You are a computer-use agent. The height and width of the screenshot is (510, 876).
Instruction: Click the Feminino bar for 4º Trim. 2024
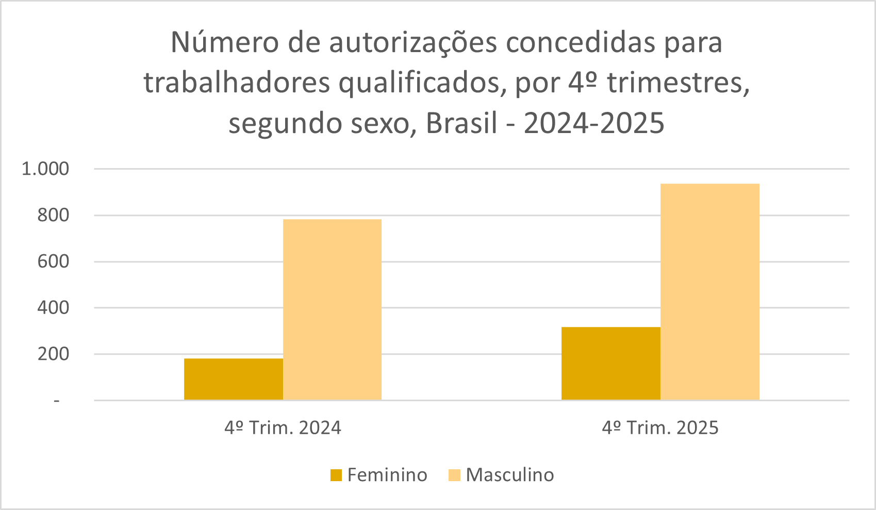pyautogui.click(x=233, y=379)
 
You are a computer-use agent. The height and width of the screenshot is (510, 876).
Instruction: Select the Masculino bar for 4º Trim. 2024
pyautogui.click(x=332, y=309)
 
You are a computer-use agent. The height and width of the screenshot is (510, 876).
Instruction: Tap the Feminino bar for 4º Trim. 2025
pyautogui.click(x=610, y=364)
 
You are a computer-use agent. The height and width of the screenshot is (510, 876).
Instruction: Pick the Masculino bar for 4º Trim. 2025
pyautogui.click(x=709, y=292)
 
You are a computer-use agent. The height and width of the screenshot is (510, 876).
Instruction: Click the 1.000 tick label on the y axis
pyautogui.click(x=45, y=169)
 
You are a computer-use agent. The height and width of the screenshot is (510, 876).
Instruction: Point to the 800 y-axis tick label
pyautogui.click(x=53, y=215)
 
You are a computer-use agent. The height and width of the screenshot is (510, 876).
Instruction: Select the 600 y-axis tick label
pyautogui.click(x=53, y=261)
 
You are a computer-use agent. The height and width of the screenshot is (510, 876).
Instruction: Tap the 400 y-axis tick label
pyautogui.click(x=53, y=308)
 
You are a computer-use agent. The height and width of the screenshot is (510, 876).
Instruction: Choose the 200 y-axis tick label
pyautogui.click(x=53, y=354)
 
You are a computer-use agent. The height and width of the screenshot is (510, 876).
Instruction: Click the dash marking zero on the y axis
pyautogui.click(x=56, y=401)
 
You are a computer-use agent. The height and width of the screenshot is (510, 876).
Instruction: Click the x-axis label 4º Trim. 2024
pyautogui.click(x=283, y=428)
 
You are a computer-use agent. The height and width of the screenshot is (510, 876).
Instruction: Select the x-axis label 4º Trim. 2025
pyautogui.click(x=660, y=428)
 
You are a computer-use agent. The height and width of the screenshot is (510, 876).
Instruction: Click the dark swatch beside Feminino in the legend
pyautogui.click(x=336, y=475)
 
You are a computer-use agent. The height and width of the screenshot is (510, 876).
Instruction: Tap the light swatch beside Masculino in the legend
pyautogui.click(x=454, y=475)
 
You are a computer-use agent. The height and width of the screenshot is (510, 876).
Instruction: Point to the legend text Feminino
pyautogui.click(x=387, y=475)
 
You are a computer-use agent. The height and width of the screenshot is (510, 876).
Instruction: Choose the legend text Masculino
pyautogui.click(x=510, y=475)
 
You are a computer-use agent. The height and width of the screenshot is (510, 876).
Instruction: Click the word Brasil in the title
pyautogui.click(x=461, y=124)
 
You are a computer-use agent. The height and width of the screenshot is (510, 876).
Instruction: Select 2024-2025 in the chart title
pyautogui.click(x=594, y=124)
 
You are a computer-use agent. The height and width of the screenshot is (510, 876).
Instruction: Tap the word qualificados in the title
pyautogui.click(x=419, y=84)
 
